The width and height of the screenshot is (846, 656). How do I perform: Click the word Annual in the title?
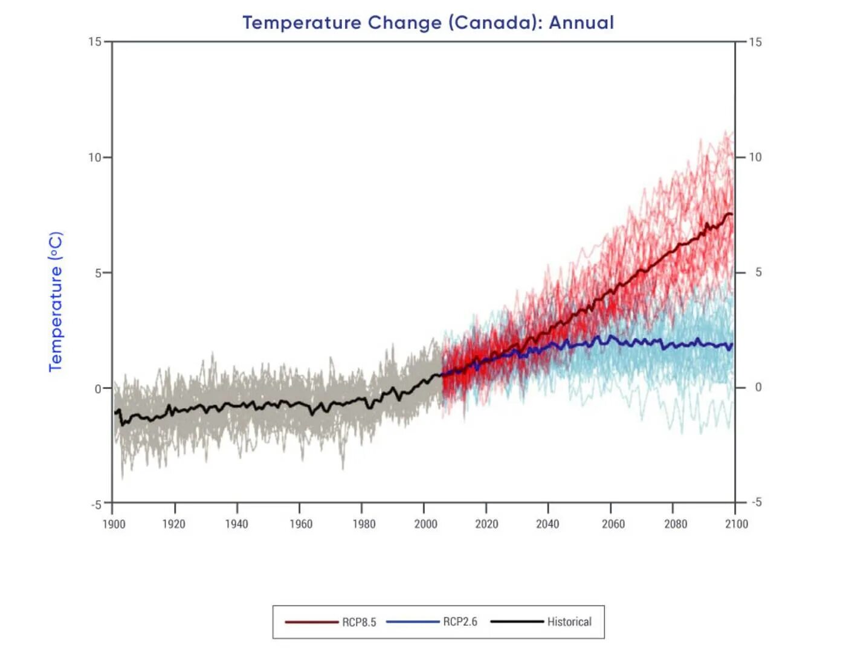point(581,22)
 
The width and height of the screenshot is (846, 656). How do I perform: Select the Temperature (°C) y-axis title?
point(56,301)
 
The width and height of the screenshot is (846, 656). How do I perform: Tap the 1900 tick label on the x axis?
point(114,524)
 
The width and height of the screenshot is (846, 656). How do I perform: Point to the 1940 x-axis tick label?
point(236,524)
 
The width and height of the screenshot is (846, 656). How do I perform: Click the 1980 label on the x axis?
point(364,524)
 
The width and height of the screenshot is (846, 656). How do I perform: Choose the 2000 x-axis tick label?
point(425,524)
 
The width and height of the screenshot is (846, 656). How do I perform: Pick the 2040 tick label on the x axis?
point(547,524)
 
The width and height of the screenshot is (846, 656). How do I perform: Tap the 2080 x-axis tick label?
point(676,524)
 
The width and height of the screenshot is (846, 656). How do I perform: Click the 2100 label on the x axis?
point(737,524)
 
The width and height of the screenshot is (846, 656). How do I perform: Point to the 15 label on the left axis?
point(95,42)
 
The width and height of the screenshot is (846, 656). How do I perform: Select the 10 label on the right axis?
point(755,157)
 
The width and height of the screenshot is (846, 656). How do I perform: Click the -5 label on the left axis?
point(96,504)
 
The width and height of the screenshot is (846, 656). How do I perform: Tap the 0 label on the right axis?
point(758,387)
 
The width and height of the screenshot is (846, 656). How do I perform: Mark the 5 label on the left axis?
point(98,273)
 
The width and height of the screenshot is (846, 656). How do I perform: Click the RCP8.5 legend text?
point(359,622)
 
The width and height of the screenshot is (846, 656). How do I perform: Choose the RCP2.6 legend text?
point(460,622)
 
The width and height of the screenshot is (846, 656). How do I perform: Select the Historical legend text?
point(569,622)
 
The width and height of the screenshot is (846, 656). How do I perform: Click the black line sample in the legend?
point(517,622)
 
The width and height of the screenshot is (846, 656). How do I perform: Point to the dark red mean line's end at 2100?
point(732,214)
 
